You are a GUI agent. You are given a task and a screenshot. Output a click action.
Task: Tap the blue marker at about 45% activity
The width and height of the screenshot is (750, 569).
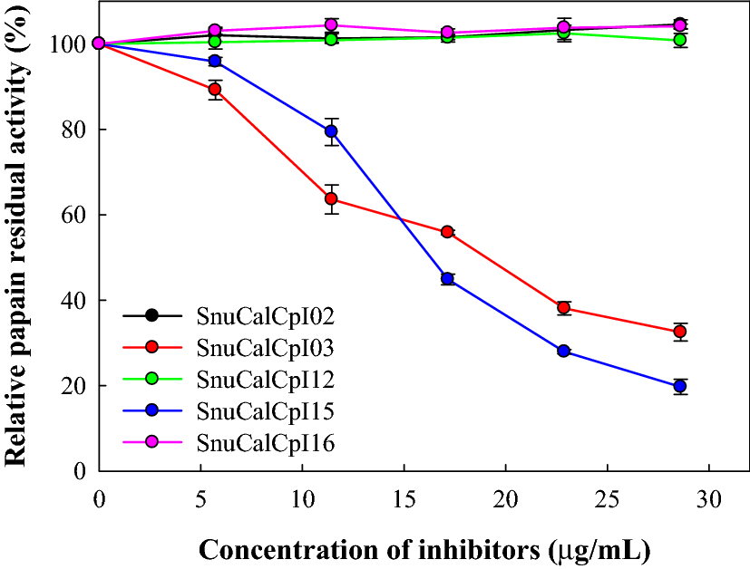click(x=447, y=278)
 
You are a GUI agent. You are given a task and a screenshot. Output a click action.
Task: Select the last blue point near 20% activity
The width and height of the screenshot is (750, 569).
click(x=680, y=386)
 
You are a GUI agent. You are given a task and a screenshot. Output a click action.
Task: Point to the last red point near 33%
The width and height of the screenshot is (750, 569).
click(x=680, y=332)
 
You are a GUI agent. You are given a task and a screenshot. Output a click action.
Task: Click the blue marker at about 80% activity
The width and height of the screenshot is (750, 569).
click(x=332, y=131)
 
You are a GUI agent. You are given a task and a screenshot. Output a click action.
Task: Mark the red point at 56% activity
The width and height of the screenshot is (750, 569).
click(x=447, y=232)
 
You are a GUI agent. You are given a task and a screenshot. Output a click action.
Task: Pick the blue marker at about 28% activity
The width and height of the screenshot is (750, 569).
click(x=563, y=351)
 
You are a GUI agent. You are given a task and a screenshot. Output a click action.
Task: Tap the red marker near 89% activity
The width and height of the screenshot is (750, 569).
click(x=215, y=89)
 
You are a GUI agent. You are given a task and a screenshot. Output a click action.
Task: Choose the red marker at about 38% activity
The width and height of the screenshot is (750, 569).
click(x=563, y=308)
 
